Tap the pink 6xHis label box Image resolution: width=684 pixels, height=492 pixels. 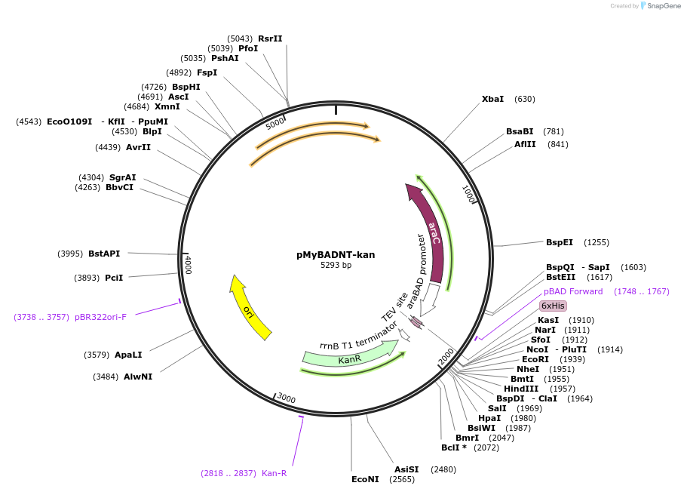pyautogui.click(x=553, y=306)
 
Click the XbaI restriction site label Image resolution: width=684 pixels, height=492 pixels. pyautogui.click(x=492, y=99)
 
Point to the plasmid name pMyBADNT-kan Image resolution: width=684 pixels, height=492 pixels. pyautogui.click(x=336, y=254)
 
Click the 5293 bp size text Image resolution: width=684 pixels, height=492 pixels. pyautogui.click(x=336, y=266)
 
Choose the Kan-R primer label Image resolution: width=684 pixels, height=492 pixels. pyautogui.click(x=275, y=473)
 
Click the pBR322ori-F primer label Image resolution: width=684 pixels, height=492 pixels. pyautogui.click(x=100, y=317)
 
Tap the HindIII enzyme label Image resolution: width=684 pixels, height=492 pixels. pyautogui.click(x=519, y=389)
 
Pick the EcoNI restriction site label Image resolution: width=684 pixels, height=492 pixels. pyautogui.click(x=365, y=479)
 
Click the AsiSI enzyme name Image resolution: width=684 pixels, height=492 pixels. pyautogui.click(x=406, y=469)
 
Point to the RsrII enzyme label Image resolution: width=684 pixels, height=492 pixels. pyautogui.click(x=270, y=38)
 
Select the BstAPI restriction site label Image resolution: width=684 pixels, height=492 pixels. pyautogui.click(x=104, y=254)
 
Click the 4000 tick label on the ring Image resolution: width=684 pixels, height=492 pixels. pyautogui.click(x=189, y=265)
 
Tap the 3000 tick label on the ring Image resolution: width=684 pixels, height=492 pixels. pyautogui.click(x=286, y=398)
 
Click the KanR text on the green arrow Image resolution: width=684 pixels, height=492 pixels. pyautogui.click(x=349, y=360)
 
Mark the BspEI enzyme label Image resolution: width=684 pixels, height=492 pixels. pyautogui.click(x=560, y=242)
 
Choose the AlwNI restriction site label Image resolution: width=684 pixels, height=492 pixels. pyautogui.click(x=138, y=377)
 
